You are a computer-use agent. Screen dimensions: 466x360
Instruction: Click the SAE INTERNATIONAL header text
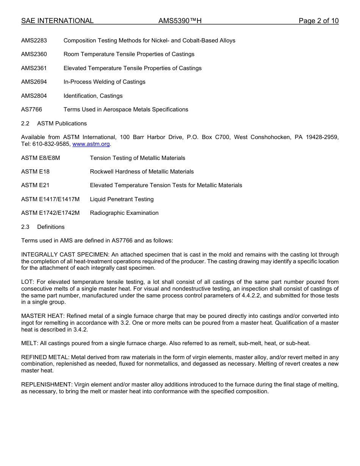pyautogui.click(x=57, y=21)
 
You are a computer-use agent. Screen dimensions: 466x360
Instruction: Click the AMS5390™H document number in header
pyautogui.click(x=180, y=21)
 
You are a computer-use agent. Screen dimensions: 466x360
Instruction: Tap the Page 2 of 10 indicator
pyautogui.click(x=318, y=21)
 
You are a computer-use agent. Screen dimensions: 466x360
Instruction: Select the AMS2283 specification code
pyautogui.click(x=34, y=41)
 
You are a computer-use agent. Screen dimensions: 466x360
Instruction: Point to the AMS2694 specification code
pyautogui.click(x=34, y=82)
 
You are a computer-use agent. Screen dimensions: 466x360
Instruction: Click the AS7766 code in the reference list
pyautogui.click(x=32, y=109)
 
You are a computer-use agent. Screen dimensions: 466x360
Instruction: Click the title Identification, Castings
pyautogui.click(x=93, y=96)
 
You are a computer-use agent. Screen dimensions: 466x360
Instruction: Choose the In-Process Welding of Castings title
pyautogui.click(x=104, y=82)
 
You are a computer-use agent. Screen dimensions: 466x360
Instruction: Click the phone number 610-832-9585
pyautogui.click(x=51, y=144)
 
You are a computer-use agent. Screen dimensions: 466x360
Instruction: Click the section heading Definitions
pyautogui.click(x=51, y=227)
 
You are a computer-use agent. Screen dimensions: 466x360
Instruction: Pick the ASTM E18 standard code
pyautogui.click(x=35, y=172)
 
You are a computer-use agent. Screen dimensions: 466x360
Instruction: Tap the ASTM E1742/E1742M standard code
pyautogui.click(x=50, y=213)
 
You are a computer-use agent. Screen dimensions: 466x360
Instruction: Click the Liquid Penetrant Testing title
pyautogui.click(x=122, y=199)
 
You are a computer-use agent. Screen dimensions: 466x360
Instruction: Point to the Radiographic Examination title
pyautogui.click(x=124, y=213)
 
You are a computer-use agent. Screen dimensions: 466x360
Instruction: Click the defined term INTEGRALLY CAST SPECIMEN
pyautogui.click(x=65, y=255)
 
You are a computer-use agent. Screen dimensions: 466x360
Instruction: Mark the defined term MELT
pyautogui.click(x=29, y=343)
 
